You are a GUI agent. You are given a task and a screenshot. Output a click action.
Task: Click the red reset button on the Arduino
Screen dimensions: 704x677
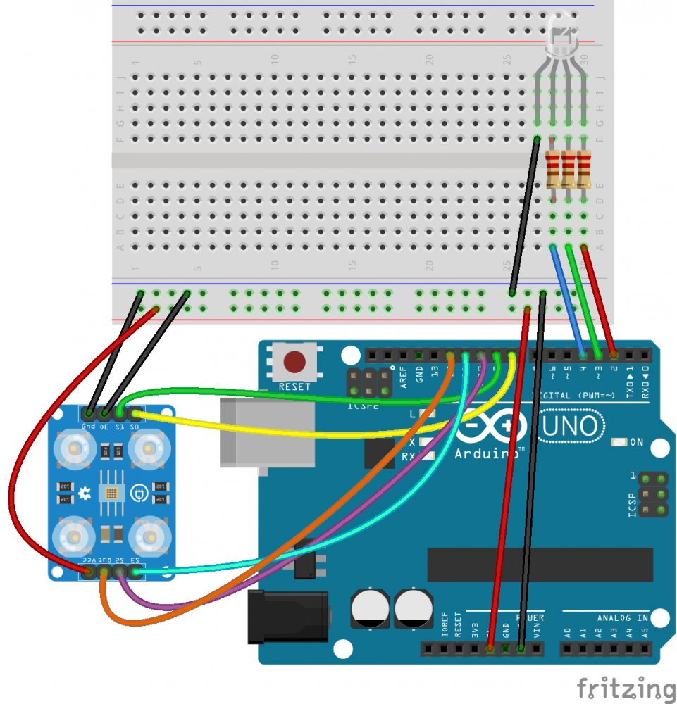click(x=294, y=363)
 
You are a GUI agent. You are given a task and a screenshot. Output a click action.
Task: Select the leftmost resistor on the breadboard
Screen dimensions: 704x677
click(x=553, y=169)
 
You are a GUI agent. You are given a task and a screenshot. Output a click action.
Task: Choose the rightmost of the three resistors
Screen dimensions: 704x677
click(x=584, y=169)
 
